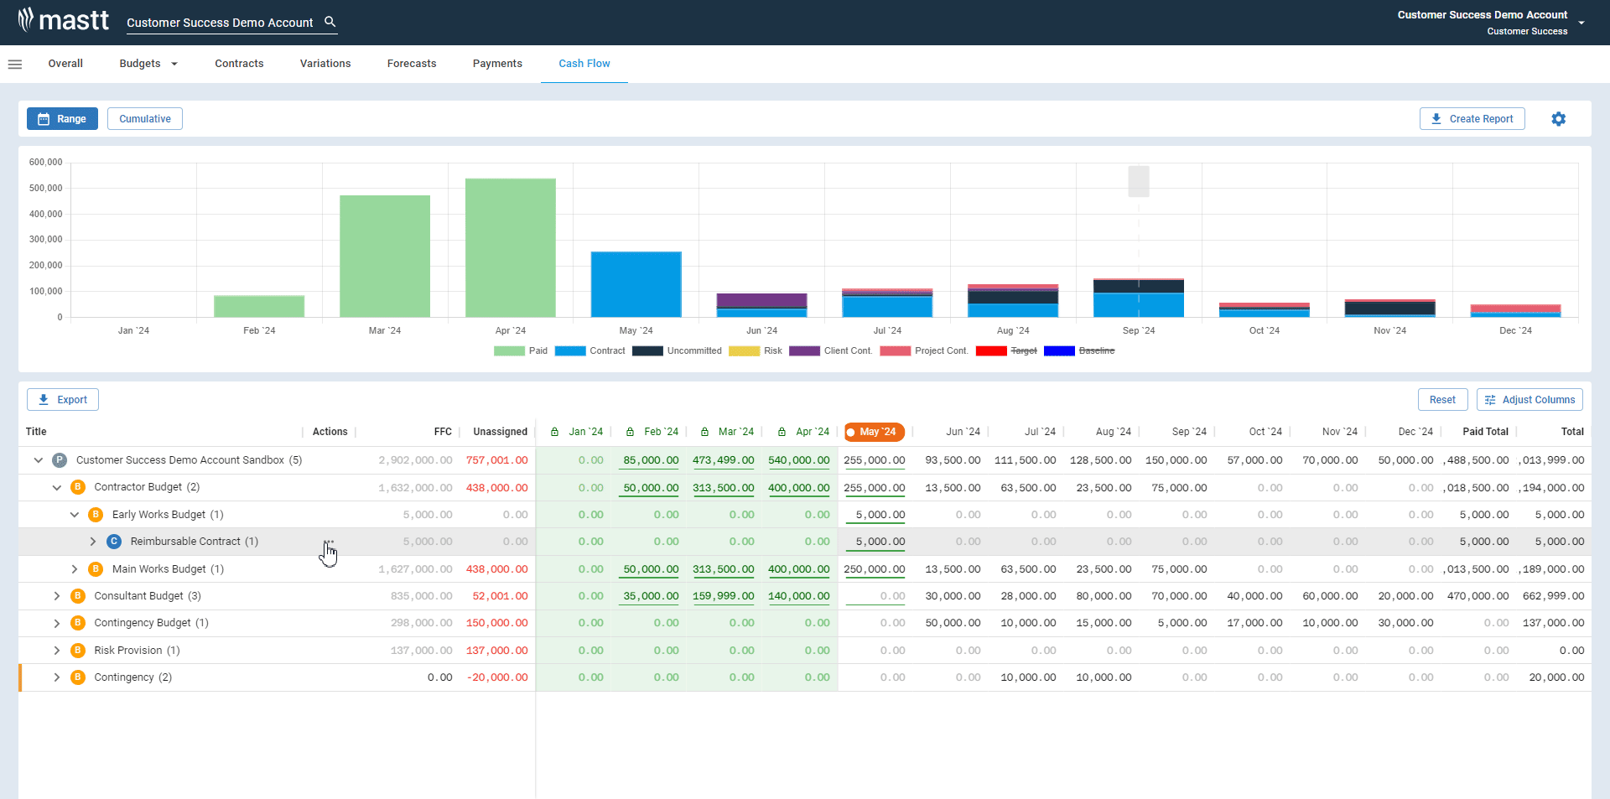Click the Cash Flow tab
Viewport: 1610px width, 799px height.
pyautogui.click(x=584, y=64)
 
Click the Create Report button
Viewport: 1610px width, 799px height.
pyautogui.click(x=1472, y=119)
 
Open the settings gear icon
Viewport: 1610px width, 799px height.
pyautogui.click(x=1558, y=119)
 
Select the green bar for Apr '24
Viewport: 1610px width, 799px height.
pyautogui.click(x=510, y=248)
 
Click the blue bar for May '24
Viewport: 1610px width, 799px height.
pyautogui.click(x=636, y=284)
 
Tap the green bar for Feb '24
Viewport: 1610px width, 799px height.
pyautogui.click(x=259, y=306)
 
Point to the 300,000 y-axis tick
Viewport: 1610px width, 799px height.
pyautogui.click(x=46, y=240)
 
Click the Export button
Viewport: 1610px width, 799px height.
pyautogui.click(x=63, y=400)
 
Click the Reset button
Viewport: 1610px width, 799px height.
pyautogui.click(x=1442, y=400)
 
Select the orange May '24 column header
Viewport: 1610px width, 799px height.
pyautogui.click(x=875, y=432)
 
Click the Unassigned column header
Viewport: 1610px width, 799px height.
pyautogui.click(x=500, y=432)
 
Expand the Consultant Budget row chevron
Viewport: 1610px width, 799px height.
pyautogui.click(x=57, y=596)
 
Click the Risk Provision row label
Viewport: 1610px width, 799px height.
pyautogui.click(x=127, y=651)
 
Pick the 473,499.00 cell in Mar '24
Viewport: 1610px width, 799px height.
pyautogui.click(x=723, y=460)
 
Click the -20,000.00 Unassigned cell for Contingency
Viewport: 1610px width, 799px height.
pyautogui.click(x=497, y=677)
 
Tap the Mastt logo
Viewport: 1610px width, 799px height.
pyautogui.click(x=64, y=20)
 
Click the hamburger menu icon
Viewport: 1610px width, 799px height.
pyautogui.click(x=15, y=64)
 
